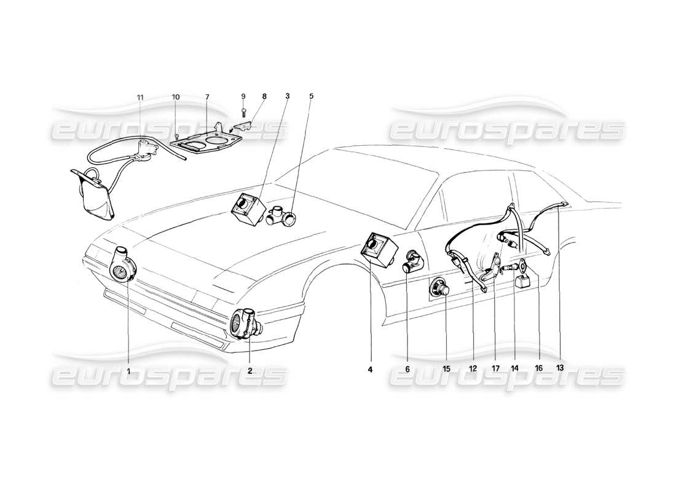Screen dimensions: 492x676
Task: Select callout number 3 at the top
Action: click(287, 97)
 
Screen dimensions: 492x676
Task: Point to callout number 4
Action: click(371, 369)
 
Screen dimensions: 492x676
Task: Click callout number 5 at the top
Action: click(311, 97)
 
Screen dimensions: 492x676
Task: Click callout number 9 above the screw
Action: click(243, 97)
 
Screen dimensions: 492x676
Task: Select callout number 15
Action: click(447, 369)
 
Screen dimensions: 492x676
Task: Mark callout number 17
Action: click(495, 369)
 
